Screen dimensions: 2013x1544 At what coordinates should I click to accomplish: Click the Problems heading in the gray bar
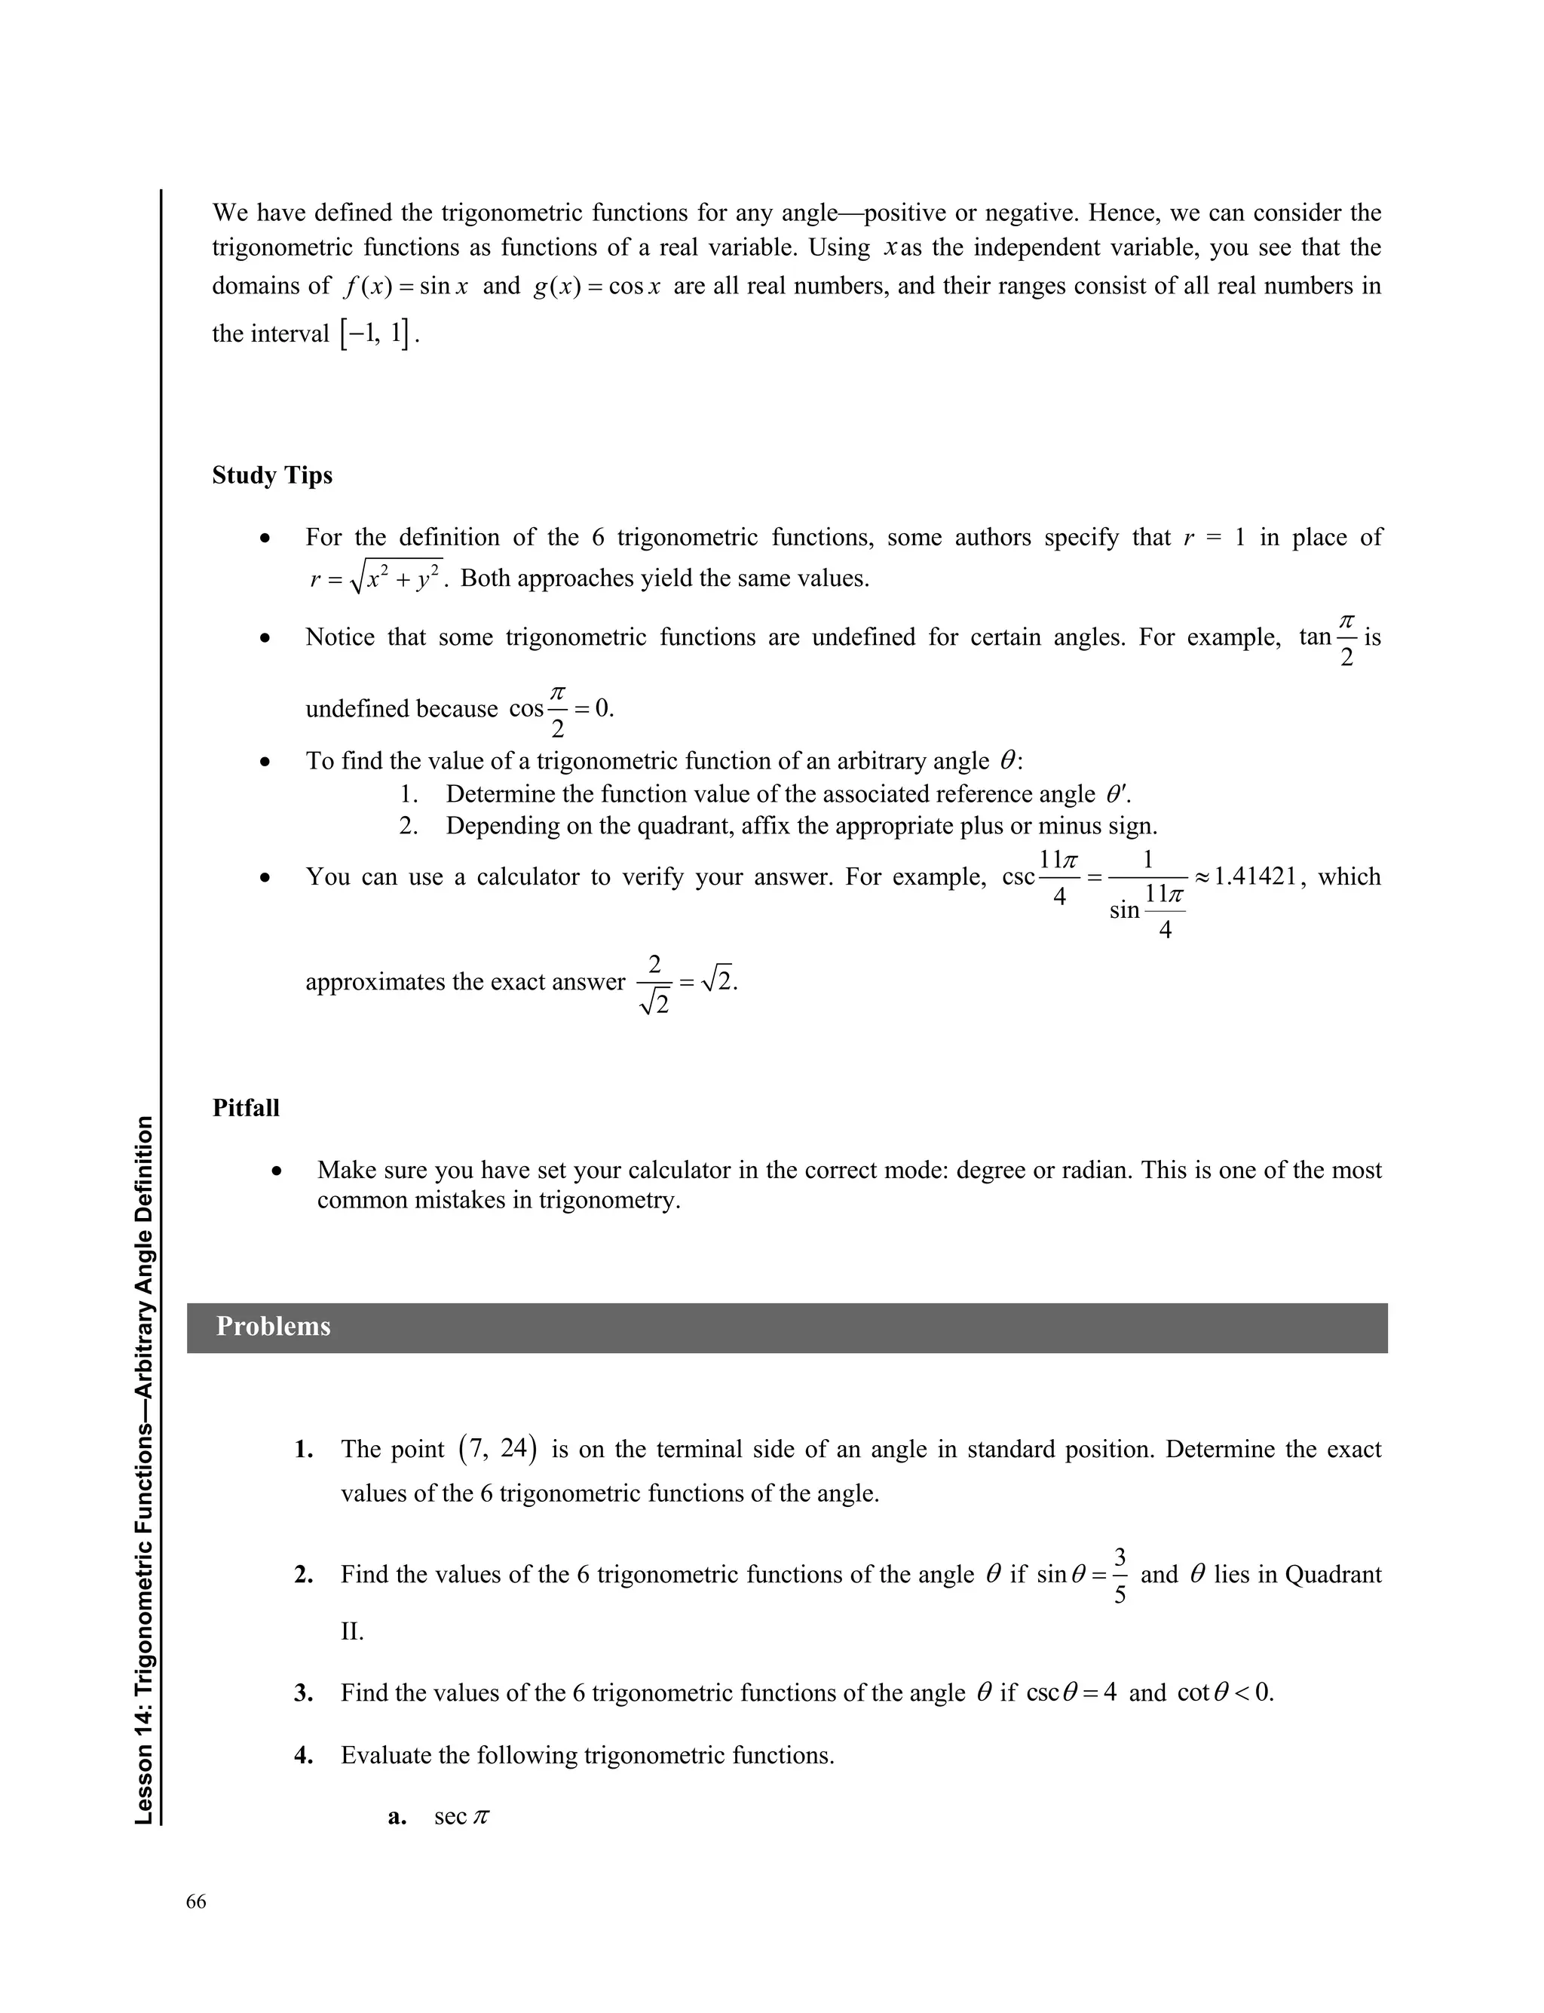coord(273,1327)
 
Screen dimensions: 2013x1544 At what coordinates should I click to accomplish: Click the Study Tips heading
coord(272,475)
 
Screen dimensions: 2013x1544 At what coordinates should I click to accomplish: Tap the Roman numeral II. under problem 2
coord(352,1631)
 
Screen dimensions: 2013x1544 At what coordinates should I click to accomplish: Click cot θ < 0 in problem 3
coord(1224,1693)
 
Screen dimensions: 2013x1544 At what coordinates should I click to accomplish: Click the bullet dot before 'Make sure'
coord(277,1171)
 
